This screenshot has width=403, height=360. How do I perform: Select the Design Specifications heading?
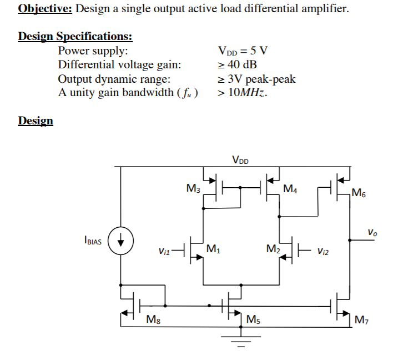click(75, 37)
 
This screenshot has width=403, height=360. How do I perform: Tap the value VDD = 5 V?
click(244, 51)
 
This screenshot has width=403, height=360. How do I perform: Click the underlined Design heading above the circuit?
click(36, 121)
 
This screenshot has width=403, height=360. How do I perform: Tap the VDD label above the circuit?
click(240, 161)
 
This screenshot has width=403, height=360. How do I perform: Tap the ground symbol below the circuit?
click(240, 339)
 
